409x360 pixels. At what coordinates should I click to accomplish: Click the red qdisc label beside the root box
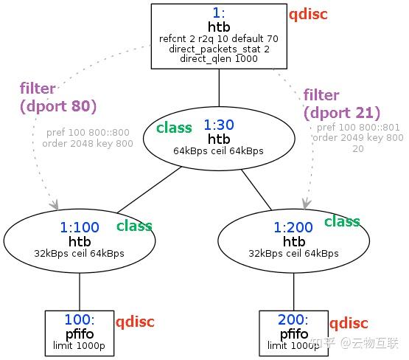click(308, 14)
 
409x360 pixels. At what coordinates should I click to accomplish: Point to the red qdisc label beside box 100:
click(135, 322)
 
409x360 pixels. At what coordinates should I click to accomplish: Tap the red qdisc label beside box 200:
click(349, 323)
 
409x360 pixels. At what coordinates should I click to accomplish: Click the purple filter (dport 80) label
click(57, 98)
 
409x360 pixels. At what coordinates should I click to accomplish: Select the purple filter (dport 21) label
click(341, 104)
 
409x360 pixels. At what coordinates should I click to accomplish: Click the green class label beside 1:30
click(174, 128)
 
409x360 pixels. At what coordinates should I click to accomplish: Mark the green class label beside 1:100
click(134, 226)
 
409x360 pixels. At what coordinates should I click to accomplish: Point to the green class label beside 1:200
click(342, 221)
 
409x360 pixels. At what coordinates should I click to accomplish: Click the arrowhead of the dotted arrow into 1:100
click(55, 204)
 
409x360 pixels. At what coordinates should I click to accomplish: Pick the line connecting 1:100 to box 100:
click(79, 290)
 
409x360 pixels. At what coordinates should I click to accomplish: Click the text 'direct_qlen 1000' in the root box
click(219, 59)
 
